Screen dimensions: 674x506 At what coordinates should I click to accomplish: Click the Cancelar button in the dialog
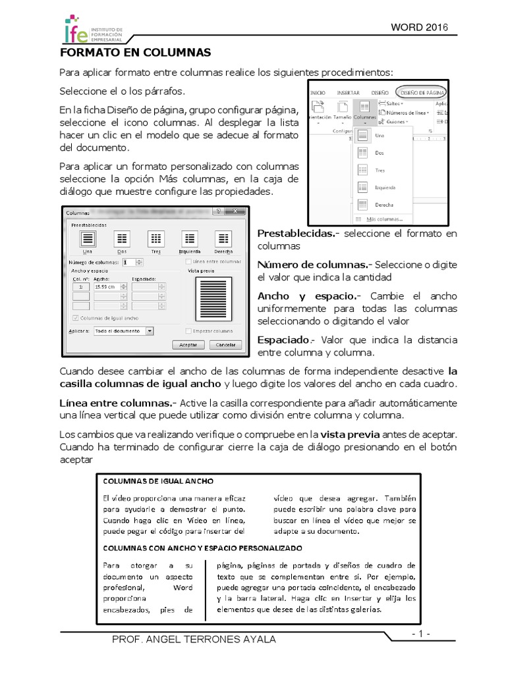click(225, 344)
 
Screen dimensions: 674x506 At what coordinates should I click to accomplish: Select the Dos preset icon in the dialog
click(122, 242)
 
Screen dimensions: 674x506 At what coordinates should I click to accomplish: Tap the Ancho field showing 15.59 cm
click(108, 287)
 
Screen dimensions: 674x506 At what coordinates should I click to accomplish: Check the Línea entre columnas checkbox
click(189, 261)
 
